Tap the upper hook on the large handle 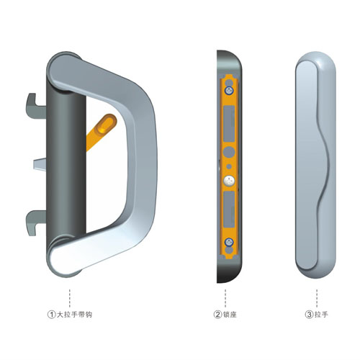(35, 107)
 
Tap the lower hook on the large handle (35, 222)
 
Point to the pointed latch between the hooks (40, 164)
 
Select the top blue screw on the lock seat (229, 91)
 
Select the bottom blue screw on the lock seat (229, 242)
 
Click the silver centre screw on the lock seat (229, 181)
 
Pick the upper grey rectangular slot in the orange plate (229, 124)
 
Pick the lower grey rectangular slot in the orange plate (229, 210)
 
